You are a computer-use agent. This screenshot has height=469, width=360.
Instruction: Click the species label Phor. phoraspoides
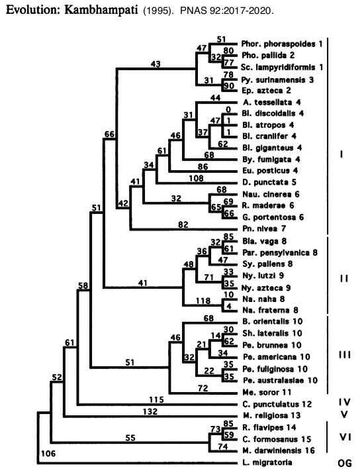click(278, 44)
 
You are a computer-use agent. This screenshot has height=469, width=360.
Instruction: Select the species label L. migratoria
click(267, 462)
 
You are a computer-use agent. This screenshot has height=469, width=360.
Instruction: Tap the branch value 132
click(150, 411)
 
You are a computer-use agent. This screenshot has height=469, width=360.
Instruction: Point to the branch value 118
click(203, 300)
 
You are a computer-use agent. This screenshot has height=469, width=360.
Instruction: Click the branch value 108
click(196, 178)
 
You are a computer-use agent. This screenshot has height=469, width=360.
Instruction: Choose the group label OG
click(345, 463)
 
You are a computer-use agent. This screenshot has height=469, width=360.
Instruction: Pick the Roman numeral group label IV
click(345, 402)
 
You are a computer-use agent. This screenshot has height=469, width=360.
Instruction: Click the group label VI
click(345, 437)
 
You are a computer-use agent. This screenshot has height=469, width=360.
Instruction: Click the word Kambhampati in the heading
click(101, 10)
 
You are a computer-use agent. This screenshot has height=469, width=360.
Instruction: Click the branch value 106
click(48, 454)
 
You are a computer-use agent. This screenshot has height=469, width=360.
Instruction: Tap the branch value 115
click(157, 399)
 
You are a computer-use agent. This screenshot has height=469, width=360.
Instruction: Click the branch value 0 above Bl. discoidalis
click(228, 110)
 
